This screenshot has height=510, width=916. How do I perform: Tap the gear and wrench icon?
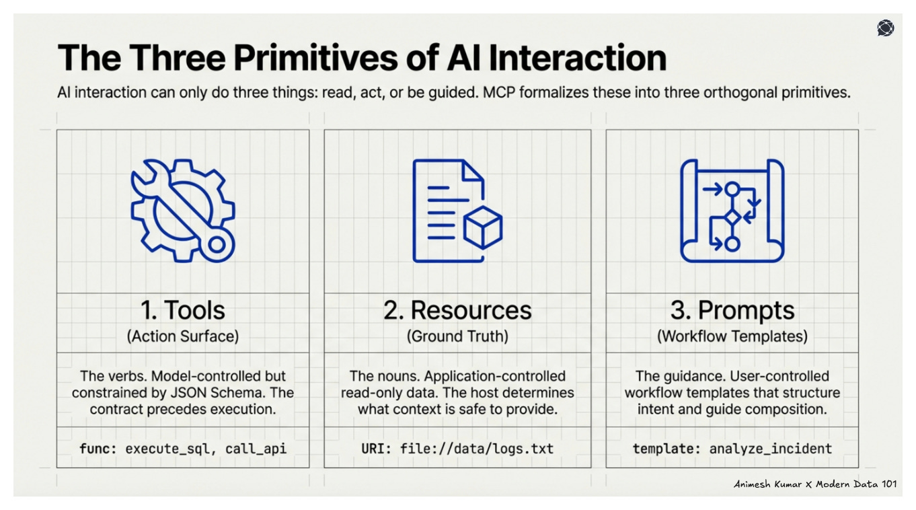point(182,210)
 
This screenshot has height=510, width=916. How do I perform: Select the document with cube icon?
point(457,211)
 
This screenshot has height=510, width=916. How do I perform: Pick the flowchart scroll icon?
point(732,211)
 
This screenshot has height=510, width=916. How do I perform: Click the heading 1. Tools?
point(182,310)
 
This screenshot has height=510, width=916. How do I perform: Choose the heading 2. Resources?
point(457,310)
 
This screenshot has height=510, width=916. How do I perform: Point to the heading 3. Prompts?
point(732,310)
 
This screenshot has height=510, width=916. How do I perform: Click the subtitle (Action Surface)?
point(182,336)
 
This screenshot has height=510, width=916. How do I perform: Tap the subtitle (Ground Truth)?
point(457,336)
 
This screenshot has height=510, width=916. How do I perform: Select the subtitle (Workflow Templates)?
point(732,336)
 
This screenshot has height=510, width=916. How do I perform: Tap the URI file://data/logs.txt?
point(476,448)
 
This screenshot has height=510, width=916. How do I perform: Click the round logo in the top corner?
point(885,28)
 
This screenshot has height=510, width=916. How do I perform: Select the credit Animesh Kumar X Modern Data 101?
point(815,484)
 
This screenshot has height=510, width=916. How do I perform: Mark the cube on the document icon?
point(483,227)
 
